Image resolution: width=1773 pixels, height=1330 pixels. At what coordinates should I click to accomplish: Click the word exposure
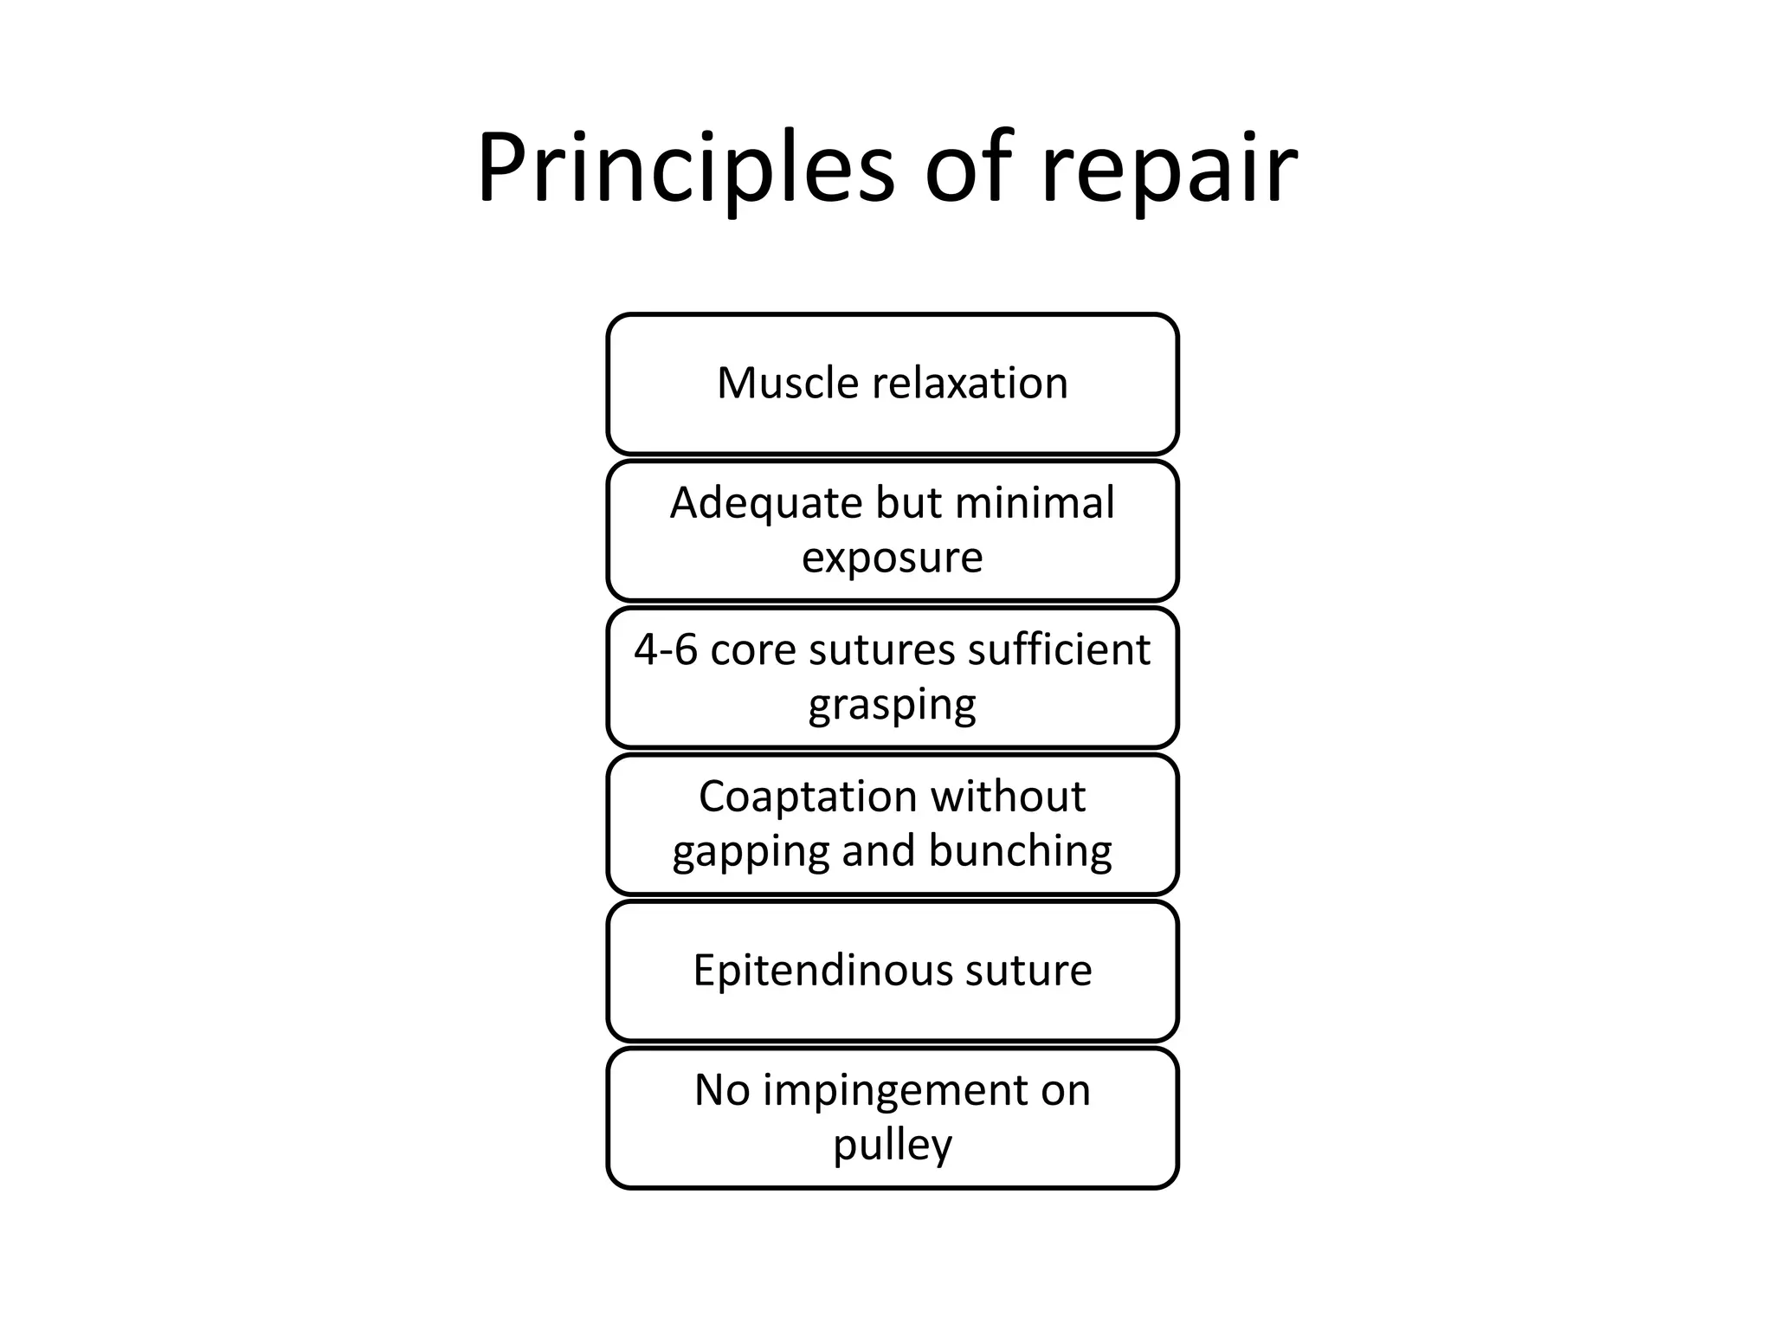892,557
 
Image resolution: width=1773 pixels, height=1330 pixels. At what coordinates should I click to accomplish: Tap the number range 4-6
666,649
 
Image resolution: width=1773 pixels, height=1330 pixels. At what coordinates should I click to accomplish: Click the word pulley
893,1145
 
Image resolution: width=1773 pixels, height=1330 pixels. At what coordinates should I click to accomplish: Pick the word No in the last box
722,1090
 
